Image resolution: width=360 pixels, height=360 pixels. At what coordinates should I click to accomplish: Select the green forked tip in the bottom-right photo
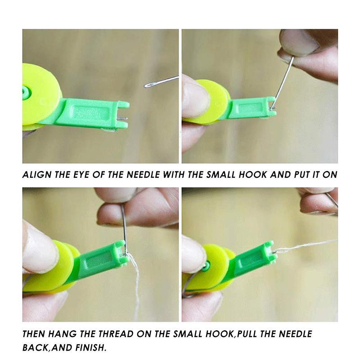tap(270, 252)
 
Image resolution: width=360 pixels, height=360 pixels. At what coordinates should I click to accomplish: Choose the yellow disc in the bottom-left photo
tap(52, 265)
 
